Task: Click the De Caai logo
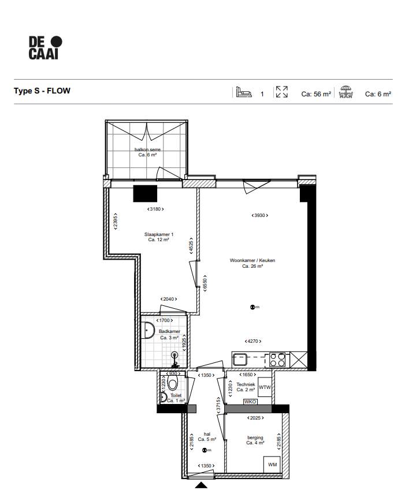pyautogui.click(x=46, y=47)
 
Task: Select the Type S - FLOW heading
pyautogui.click(x=42, y=91)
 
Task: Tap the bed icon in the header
pyautogui.click(x=243, y=92)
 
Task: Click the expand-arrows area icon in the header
pyautogui.click(x=282, y=92)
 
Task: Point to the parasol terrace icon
pyautogui.click(x=346, y=92)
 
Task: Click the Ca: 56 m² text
pyautogui.click(x=316, y=93)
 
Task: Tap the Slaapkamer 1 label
pyautogui.click(x=158, y=237)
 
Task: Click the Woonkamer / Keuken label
pyautogui.click(x=252, y=263)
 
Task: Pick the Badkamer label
pyautogui.click(x=169, y=334)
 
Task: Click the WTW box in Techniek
pyautogui.click(x=265, y=387)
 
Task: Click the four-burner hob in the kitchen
pyautogui.click(x=277, y=360)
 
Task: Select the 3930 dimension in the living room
pyautogui.click(x=260, y=215)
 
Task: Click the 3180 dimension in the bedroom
pyautogui.click(x=155, y=209)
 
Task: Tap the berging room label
pyautogui.click(x=255, y=440)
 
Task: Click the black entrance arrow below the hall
pyautogui.click(x=201, y=486)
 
